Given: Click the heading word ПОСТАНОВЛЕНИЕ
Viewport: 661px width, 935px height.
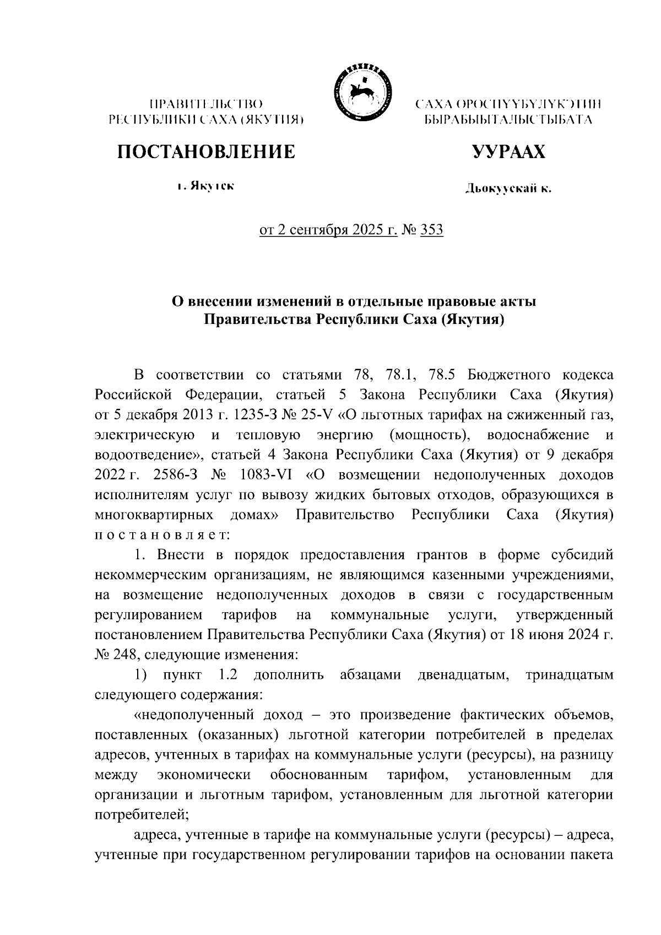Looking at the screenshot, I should point(205,152).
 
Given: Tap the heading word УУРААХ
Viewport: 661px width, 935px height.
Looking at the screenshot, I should point(508,152).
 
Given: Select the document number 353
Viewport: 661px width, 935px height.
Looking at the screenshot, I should point(431,229).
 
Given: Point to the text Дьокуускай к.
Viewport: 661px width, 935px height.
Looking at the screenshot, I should point(508,190).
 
